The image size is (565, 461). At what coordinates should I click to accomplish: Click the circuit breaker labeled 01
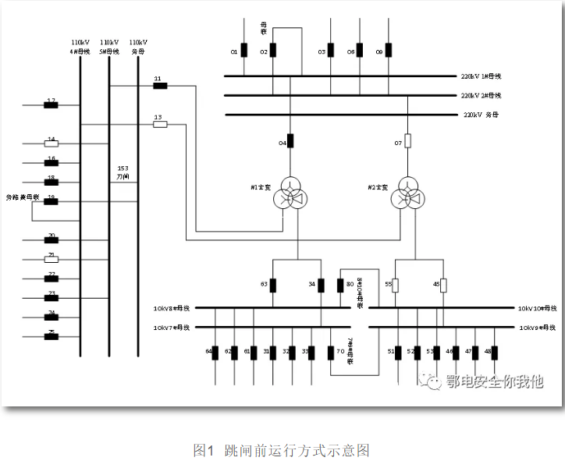(x=244, y=51)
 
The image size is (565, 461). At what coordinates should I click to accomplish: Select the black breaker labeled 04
(x=290, y=141)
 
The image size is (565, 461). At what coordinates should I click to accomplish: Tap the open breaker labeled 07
(x=407, y=141)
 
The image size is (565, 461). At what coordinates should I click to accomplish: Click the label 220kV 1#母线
(x=481, y=76)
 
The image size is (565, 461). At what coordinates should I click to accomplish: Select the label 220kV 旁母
(x=481, y=115)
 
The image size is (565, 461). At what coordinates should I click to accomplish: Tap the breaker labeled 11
(x=160, y=85)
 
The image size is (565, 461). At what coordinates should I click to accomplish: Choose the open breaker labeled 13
(x=160, y=123)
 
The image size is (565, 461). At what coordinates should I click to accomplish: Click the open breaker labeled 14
(x=52, y=144)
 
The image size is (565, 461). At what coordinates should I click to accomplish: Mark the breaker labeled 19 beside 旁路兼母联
(x=52, y=201)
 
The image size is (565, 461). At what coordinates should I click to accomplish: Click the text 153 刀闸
(x=123, y=172)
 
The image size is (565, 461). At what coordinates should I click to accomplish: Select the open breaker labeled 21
(x=52, y=259)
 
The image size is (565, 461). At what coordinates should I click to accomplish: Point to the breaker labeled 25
(x=52, y=336)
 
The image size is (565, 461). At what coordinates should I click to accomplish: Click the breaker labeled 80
(x=340, y=285)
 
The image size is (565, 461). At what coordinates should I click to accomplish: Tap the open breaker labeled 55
(x=396, y=285)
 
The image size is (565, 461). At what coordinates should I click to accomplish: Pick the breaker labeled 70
(x=331, y=353)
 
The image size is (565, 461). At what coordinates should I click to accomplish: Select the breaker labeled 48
(x=495, y=353)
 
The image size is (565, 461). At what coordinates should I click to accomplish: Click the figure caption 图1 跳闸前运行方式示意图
(x=281, y=450)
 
